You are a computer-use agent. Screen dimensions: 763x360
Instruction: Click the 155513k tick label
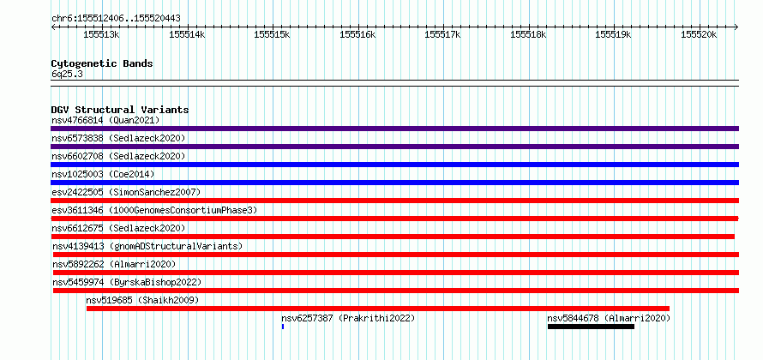[102, 34]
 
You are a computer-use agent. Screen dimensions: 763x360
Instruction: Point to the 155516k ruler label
[357, 34]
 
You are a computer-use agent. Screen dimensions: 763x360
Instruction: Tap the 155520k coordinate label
[699, 34]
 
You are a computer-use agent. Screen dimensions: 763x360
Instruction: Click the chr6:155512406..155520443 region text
[116, 19]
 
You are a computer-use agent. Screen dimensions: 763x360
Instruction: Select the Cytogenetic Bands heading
[102, 63]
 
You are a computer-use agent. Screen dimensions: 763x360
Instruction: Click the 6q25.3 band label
[63, 75]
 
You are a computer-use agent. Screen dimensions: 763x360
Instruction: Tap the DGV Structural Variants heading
[120, 110]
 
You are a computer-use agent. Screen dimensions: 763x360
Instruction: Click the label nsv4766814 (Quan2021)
[105, 120]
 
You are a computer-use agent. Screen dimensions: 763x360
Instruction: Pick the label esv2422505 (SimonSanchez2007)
[126, 192]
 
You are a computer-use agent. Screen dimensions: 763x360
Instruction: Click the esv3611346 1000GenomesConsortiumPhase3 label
[154, 210]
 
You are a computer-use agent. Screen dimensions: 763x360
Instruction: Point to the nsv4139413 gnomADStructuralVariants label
[147, 246]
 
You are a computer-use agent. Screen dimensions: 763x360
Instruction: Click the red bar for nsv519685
[378, 309]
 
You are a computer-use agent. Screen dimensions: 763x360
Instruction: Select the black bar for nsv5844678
[591, 327]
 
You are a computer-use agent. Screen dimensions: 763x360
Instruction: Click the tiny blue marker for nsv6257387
[283, 327]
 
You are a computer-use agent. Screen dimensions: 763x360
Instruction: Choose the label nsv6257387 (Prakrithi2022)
[348, 318]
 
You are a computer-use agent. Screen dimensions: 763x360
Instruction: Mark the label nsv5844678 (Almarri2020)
[609, 318]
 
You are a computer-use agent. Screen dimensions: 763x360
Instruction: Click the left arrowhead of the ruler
[53, 27]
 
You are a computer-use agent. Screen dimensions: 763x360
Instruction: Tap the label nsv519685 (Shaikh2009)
[142, 300]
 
